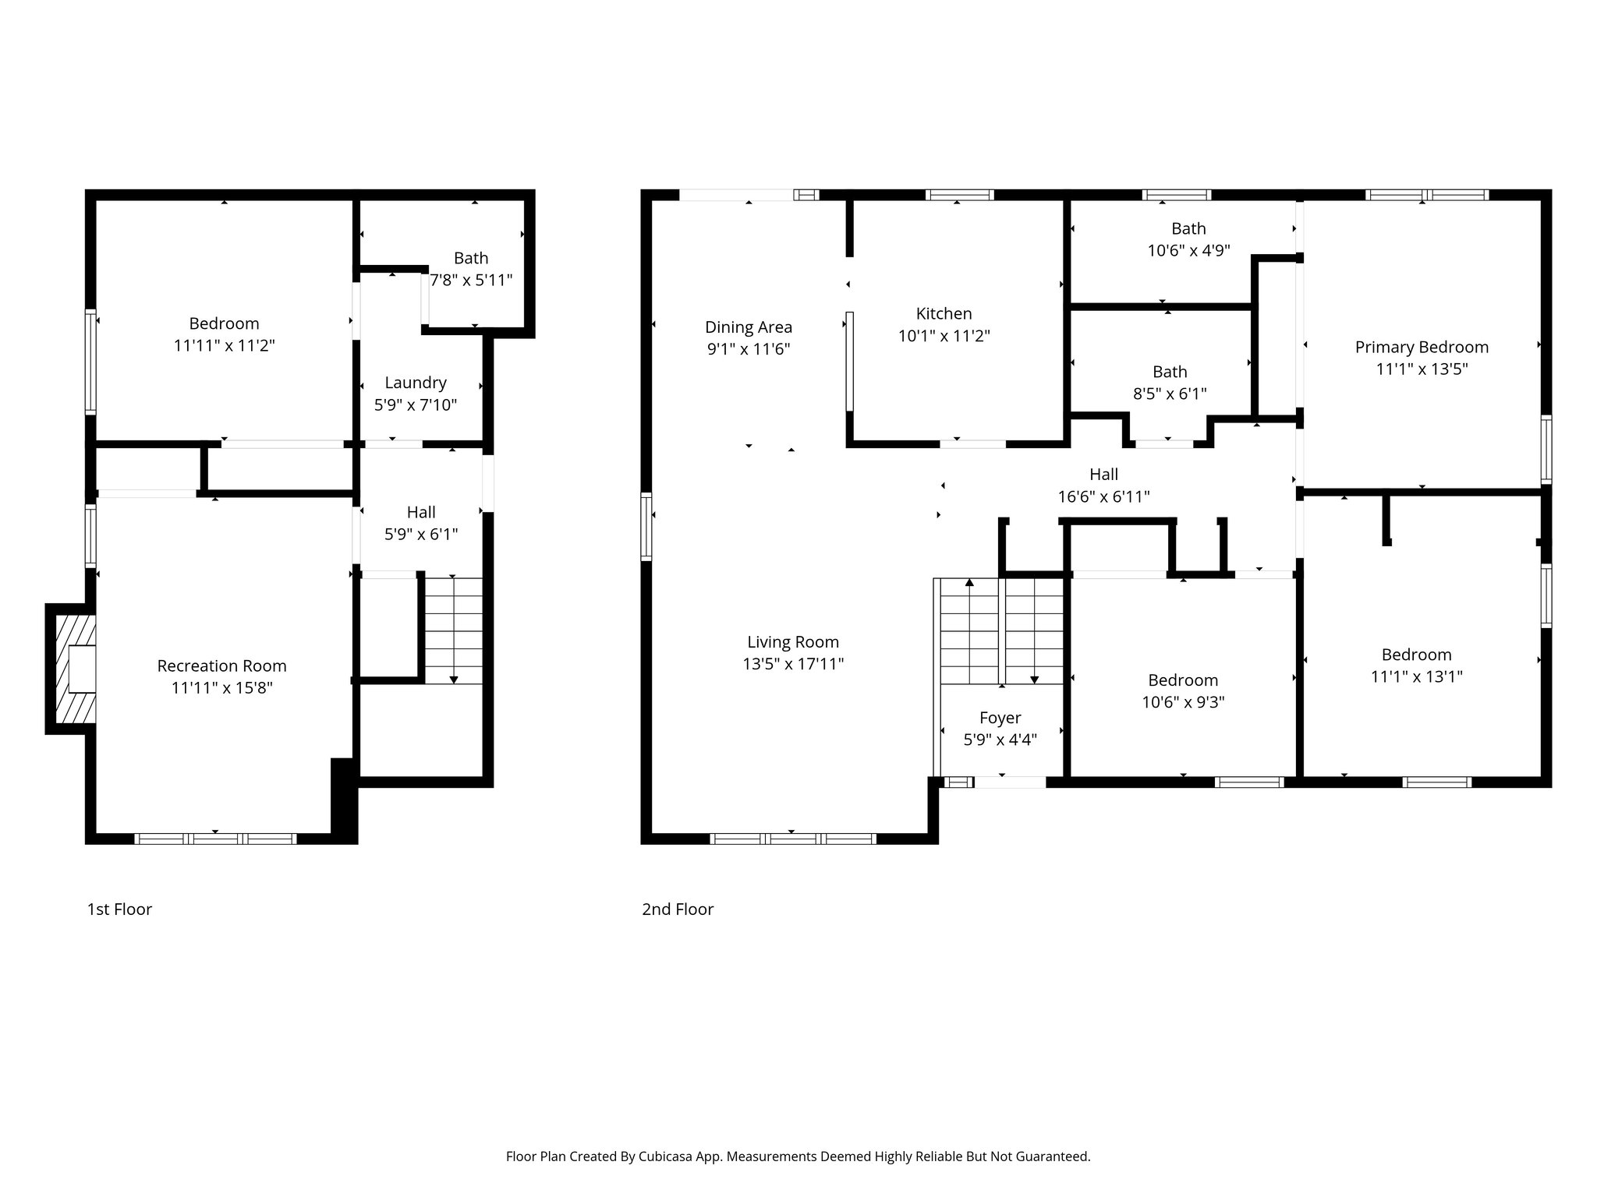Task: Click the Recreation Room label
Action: [x=221, y=666]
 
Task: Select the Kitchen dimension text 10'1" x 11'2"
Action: [x=944, y=336]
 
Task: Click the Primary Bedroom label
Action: [x=1422, y=347]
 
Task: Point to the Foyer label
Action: [x=1000, y=718]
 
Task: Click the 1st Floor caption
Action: [x=119, y=909]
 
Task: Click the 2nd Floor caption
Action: [x=678, y=909]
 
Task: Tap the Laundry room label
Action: [x=416, y=383]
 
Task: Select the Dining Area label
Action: [x=749, y=327]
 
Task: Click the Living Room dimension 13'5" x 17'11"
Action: [x=793, y=664]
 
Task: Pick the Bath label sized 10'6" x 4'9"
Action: [x=1188, y=228]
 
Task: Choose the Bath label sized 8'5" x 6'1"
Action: [x=1170, y=372]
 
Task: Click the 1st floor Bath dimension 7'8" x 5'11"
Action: [x=472, y=280]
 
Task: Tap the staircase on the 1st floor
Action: [x=453, y=630]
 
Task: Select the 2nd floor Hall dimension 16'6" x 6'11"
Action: [x=1103, y=496]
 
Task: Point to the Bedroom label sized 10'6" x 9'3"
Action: [x=1183, y=680]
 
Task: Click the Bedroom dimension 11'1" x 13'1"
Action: [x=1416, y=676]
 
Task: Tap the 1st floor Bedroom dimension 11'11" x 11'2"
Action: [x=224, y=345]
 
